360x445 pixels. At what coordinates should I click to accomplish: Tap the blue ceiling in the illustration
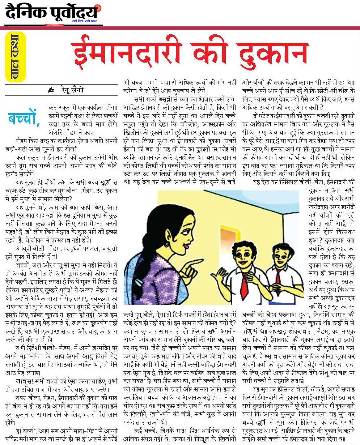pos(232,195)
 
